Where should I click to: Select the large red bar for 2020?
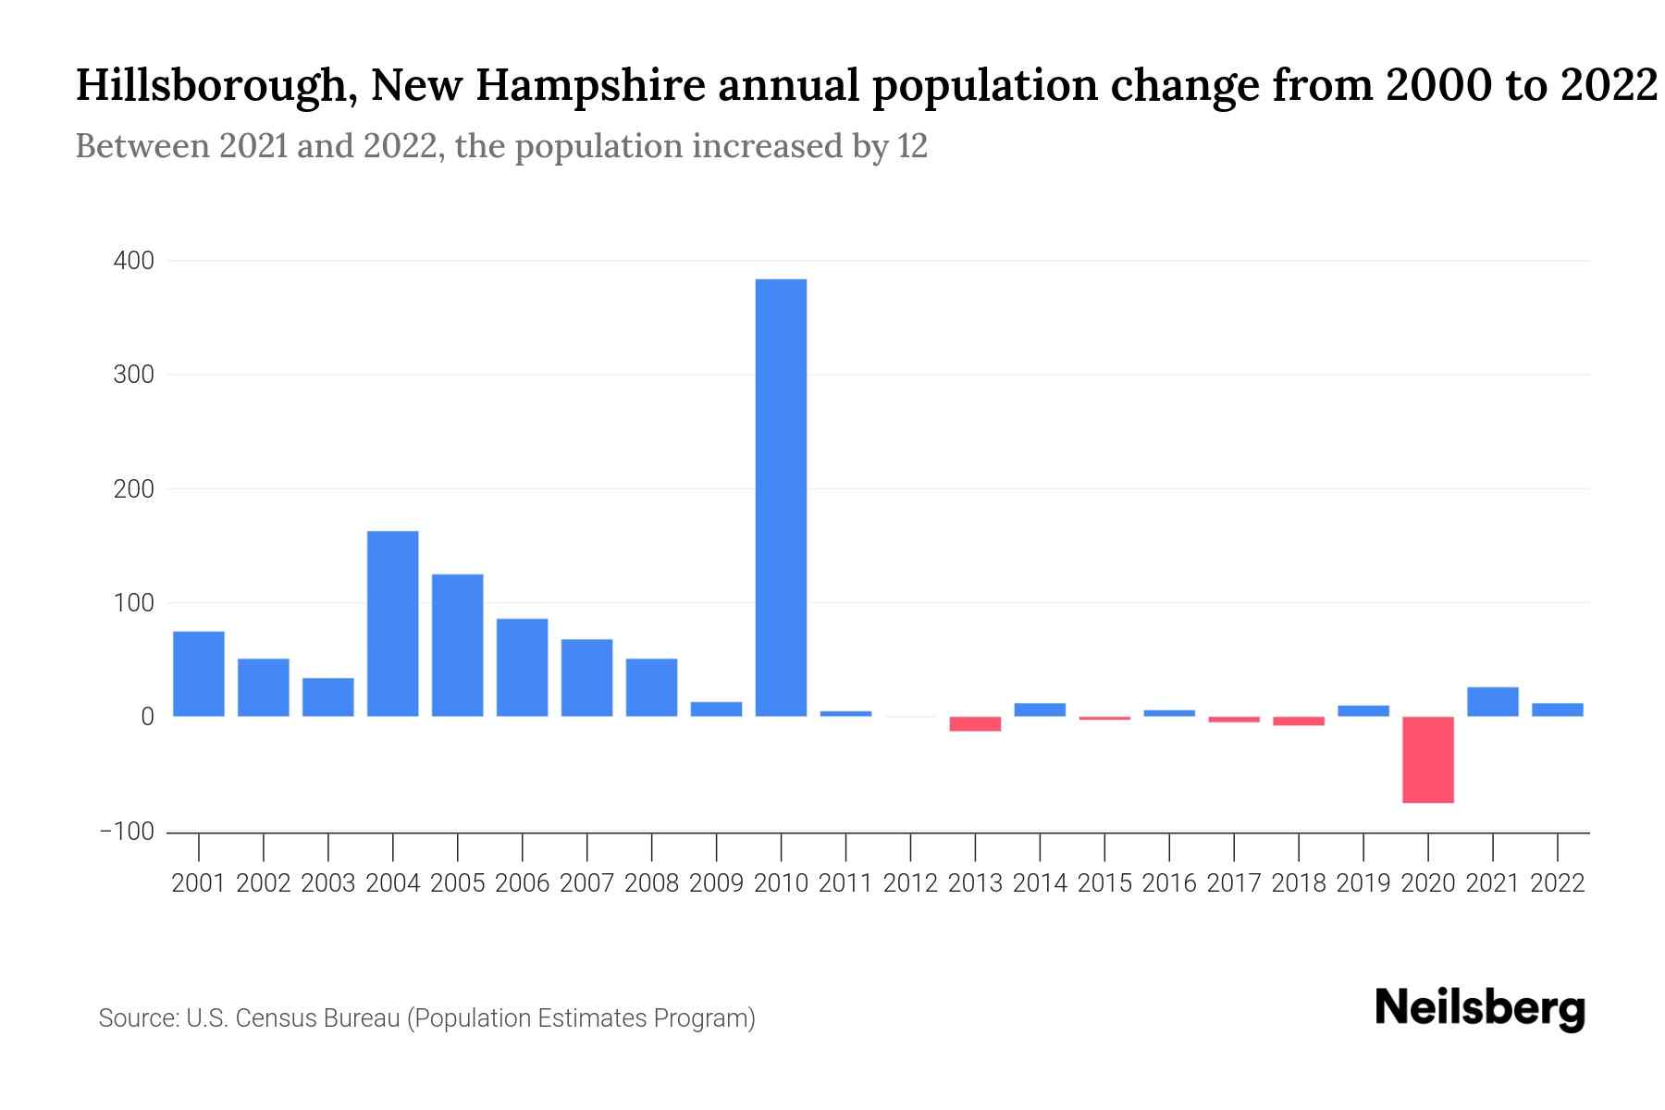click(x=1427, y=759)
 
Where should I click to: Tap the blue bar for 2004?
click(x=392, y=623)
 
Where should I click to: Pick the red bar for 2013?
click(x=975, y=723)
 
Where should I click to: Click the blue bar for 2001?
click(x=199, y=673)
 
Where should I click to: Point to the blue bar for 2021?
click(x=1492, y=701)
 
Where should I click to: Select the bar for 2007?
click(x=586, y=677)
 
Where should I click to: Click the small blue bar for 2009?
click(x=716, y=709)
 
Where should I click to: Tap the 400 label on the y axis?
click(x=134, y=261)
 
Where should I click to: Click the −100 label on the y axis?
click(x=128, y=832)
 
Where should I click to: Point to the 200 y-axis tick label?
click(x=134, y=489)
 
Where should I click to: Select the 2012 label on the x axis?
click(x=910, y=883)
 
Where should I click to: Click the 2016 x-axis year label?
click(x=1169, y=883)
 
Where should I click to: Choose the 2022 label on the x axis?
click(x=1558, y=883)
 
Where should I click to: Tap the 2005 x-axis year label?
click(x=457, y=883)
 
